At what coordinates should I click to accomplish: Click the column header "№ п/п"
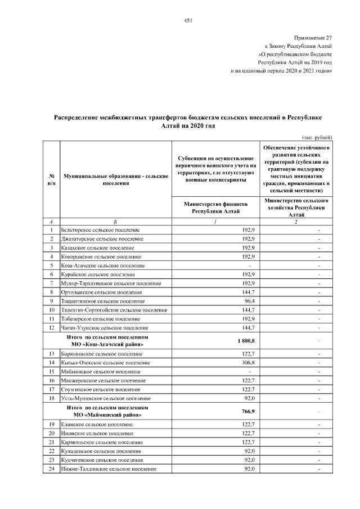tap(51, 180)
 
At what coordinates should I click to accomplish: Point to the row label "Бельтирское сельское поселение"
tap(96, 230)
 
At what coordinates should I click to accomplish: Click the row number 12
tap(51, 327)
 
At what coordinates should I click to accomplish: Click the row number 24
tap(51, 469)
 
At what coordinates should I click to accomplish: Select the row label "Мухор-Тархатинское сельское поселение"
tap(107, 283)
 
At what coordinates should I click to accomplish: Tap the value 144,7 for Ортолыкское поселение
tap(249, 292)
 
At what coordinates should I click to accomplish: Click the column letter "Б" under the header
tap(115, 222)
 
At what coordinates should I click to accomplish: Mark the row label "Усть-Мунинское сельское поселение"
tap(100, 398)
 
